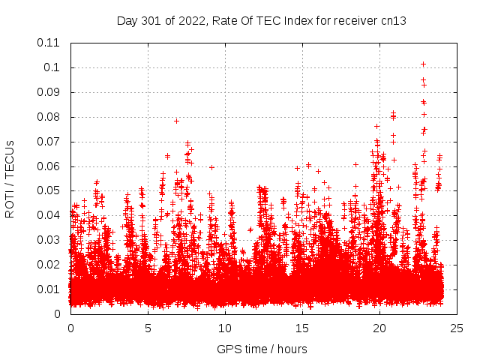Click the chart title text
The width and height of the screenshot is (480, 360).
pyautogui.click(x=261, y=21)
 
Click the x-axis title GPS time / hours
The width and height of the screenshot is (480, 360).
pyautogui.click(x=261, y=349)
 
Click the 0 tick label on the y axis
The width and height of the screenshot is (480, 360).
pyautogui.click(x=58, y=314)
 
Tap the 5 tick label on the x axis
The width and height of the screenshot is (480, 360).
pyautogui.click(x=148, y=328)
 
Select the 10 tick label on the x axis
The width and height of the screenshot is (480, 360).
pyautogui.click(x=225, y=328)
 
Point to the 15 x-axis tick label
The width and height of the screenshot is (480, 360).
pyautogui.click(x=302, y=328)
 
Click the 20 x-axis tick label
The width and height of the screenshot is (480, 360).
pyautogui.click(x=379, y=328)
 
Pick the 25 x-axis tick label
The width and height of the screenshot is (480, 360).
pyautogui.click(x=457, y=328)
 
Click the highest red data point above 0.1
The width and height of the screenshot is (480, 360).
pyautogui.click(x=423, y=64)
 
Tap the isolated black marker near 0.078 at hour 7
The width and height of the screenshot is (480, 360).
pyautogui.click(x=177, y=121)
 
